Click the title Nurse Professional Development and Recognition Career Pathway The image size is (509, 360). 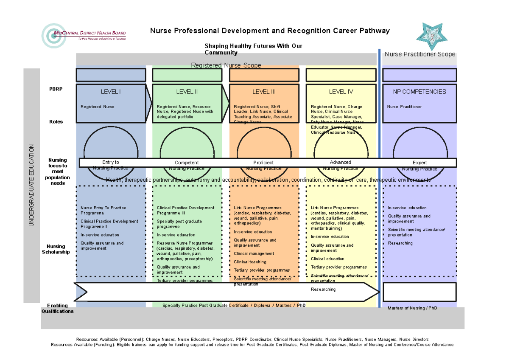[270, 31]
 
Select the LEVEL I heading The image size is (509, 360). [111, 92]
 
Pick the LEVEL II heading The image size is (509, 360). [187, 92]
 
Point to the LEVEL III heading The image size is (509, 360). [264, 92]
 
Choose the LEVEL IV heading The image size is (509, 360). [341, 92]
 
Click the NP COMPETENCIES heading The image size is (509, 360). [420, 92]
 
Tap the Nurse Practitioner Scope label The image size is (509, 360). [420, 54]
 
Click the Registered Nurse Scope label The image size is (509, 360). [226, 65]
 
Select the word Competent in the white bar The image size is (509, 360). [187, 163]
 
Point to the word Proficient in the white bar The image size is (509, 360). [263, 163]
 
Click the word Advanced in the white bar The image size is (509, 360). [341, 162]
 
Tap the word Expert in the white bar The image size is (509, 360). [420, 163]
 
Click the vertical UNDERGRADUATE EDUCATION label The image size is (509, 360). [31, 186]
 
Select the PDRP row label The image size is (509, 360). [56, 89]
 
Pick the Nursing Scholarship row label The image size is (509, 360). [56, 249]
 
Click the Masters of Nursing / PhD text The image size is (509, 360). [412, 308]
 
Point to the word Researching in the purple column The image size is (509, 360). [400, 243]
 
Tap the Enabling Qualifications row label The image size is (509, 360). [57, 308]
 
